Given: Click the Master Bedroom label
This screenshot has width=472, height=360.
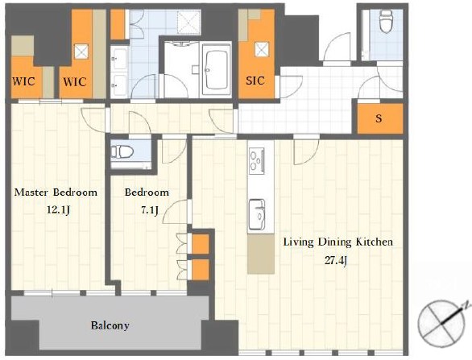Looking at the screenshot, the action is click(56, 192).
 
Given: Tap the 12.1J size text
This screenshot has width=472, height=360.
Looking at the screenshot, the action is click(58, 210).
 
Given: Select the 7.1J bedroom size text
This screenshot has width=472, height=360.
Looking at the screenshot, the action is click(150, 210).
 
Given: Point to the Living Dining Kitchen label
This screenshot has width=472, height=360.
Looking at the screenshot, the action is click(338, 242).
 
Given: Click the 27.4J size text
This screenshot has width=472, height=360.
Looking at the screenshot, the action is click(337, 260).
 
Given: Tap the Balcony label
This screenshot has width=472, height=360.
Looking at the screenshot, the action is click(110, 325).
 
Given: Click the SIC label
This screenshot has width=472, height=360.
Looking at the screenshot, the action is click(255, 81).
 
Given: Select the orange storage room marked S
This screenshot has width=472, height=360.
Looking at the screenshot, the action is click(380, 118).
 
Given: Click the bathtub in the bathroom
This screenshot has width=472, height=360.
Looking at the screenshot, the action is click(215, 70).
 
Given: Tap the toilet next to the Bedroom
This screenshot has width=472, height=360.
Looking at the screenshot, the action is click(122, 151).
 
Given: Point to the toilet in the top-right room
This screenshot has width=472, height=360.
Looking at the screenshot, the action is click(386, 21).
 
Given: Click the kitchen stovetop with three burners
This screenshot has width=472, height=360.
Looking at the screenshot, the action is click(256, 161).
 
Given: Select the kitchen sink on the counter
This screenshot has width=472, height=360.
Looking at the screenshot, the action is click(257, 214).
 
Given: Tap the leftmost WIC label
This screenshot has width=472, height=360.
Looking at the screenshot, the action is click(23, 81).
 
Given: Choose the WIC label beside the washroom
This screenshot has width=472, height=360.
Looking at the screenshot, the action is click(75, 82).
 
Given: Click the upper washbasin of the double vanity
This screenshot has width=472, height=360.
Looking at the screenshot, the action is click(120, 59).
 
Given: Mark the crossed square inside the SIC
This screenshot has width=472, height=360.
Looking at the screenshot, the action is click(262, 49).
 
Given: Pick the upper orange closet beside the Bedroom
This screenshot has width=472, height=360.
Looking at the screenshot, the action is click(201, 244).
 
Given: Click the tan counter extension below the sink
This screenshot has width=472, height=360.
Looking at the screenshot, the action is click(261, 254).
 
